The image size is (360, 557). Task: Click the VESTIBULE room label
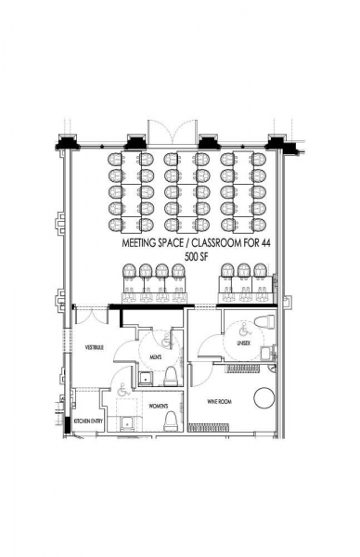(94, 347)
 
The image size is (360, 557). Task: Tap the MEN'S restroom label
(156, 357)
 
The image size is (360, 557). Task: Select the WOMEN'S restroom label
(159, 406)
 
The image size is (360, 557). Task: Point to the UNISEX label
(243, 343)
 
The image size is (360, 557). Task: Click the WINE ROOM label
(219, 401)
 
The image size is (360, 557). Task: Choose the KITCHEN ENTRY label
(88, 421)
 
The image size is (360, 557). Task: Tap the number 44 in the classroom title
(266, 243)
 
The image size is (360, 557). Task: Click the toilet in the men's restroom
(171, 377)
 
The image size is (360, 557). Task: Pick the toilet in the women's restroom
(171, 421)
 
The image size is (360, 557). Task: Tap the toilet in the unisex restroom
(264, 322)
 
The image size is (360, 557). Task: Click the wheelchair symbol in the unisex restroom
(244, 330)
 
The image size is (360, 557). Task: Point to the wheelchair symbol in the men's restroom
(166, 343)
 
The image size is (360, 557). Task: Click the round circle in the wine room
(264, 397)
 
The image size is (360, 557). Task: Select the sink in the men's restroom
(145, 379)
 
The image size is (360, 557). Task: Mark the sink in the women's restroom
(125, 423)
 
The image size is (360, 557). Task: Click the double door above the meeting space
(173, 132)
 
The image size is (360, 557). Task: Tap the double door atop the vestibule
(92, 316)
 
